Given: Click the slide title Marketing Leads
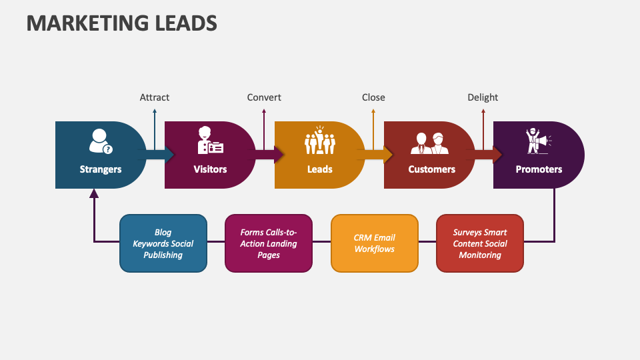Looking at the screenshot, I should coord(122,23).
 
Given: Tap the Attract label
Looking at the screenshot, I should coord(154,97).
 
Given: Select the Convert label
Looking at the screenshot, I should coord(264,97).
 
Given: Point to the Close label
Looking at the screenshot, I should coord(373,97).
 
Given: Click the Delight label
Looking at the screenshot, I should coord(483,97).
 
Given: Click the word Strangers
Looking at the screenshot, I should coord(101,169).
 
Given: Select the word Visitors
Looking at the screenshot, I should coord(210,169).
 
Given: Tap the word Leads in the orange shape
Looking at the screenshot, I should coord(319,169).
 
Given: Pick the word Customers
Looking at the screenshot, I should coord(431,169).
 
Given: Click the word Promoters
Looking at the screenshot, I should coord(539,169).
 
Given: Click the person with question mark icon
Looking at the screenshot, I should coord(101,141).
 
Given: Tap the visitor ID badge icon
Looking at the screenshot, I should coord(210,141).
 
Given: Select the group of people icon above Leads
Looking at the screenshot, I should coord(319,141).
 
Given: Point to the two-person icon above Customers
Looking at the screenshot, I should coord(429,141).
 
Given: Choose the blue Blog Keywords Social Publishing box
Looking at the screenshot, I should coord(163,243).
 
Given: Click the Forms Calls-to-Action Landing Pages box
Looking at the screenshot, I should coord(269,243).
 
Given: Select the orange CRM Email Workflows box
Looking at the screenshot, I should coord(375,243).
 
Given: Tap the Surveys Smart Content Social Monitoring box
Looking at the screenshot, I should coord(480,243).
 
